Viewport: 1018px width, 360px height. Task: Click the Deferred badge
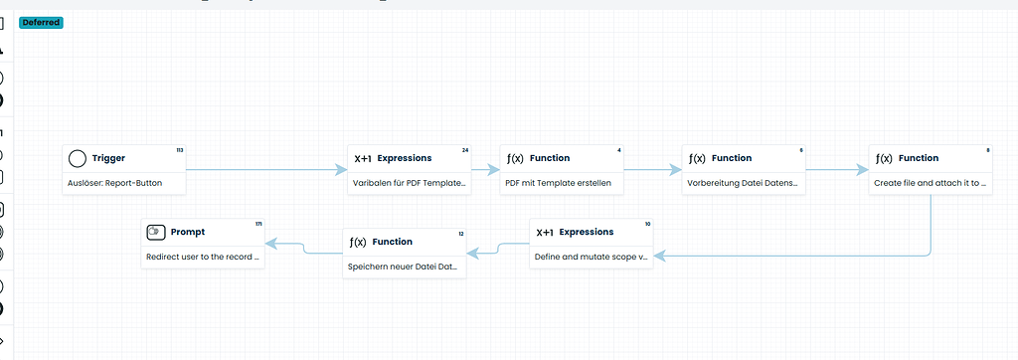click(x=41, y=22)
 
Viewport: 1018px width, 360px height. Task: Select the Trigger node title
click(x=108, y=158)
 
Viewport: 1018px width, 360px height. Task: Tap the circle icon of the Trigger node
click(x=78, y=158)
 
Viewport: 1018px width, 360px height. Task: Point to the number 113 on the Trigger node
click(x=180, y=150)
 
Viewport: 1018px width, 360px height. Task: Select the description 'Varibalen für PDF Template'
click(x=409, y=183)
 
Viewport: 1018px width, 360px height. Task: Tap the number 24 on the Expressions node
click(x=465, y=150)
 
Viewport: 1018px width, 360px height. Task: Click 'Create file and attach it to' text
click(x=930, y=183)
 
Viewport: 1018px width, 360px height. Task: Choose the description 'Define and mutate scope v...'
click(x=591, y=257)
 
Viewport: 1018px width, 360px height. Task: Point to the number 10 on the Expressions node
click(x=647, y=224)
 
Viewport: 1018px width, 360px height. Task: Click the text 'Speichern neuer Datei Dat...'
click(x=402, y=267)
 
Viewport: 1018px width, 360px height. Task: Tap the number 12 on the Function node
click(x=460, y=234)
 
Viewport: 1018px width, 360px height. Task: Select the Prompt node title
click(x=188, y=232)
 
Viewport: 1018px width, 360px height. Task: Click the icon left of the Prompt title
click(x=155, y=232)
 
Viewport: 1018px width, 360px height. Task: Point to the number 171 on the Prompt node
click(x=258, y=224)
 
